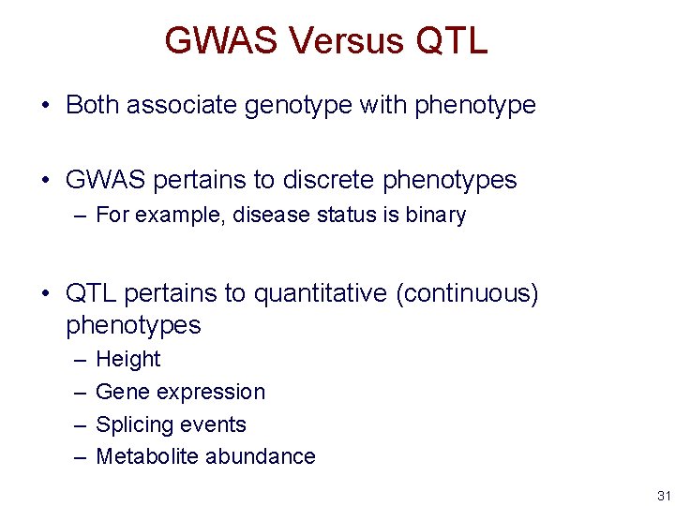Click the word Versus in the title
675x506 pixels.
coord(345,41)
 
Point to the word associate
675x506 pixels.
coord(182,105)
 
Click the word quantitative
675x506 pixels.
coord(321,293)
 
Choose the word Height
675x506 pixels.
coord(128,359)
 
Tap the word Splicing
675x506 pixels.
coord(135,424)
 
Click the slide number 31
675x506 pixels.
coord(664,496)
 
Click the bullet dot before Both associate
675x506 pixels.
coord(45,106)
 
